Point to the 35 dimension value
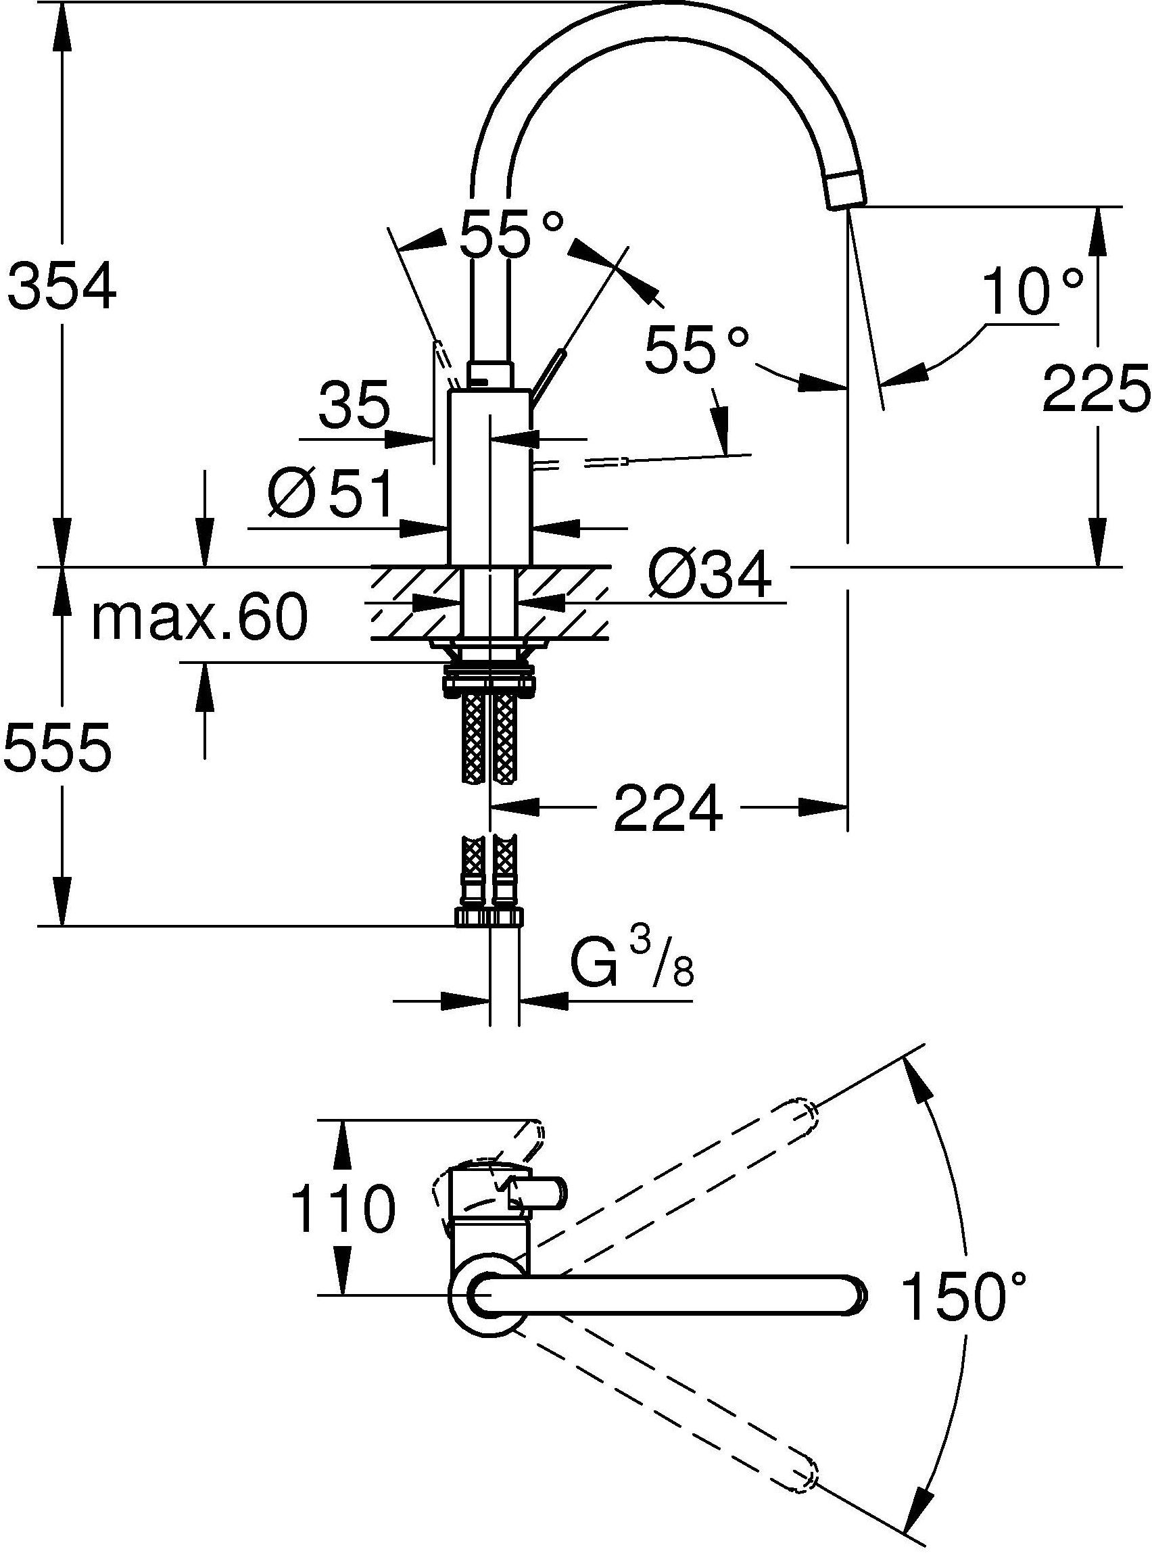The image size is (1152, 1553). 354,407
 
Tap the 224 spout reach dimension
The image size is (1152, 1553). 667,808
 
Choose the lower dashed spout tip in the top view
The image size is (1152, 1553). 803,1479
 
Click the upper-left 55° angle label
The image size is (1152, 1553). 510,234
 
